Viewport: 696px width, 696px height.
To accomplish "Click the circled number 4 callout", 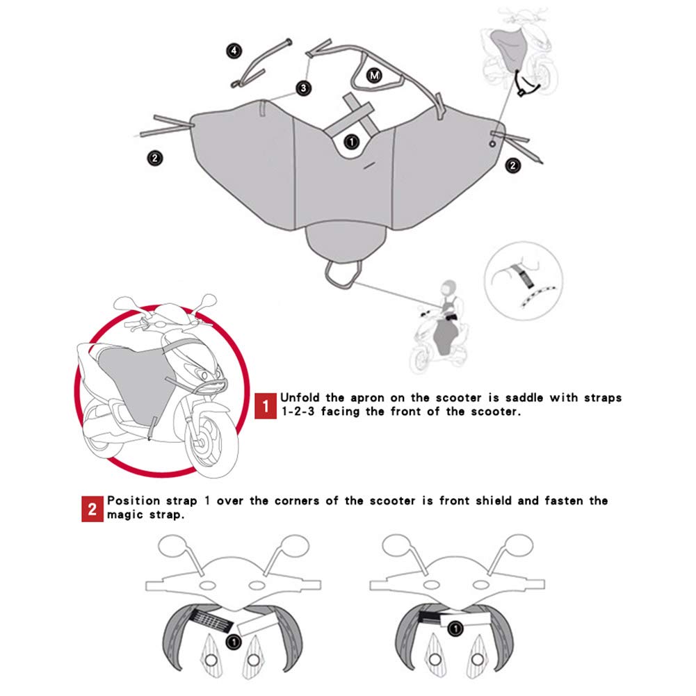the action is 234,51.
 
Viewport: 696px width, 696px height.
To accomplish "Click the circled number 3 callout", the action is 304,88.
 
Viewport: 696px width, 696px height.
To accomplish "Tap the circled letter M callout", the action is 374,76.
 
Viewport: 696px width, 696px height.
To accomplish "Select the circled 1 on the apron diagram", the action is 352,142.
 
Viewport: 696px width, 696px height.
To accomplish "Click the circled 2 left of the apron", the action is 155,158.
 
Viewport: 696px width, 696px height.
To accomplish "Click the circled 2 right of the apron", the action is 512,165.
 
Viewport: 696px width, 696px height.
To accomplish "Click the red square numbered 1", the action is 266,406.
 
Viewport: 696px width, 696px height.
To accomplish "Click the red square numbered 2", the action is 92,509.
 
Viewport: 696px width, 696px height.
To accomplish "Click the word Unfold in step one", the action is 300,398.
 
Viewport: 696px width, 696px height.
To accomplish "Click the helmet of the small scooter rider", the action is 448,289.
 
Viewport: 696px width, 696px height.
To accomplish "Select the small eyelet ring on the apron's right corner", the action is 492,144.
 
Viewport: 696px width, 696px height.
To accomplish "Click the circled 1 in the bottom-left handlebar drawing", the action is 234,641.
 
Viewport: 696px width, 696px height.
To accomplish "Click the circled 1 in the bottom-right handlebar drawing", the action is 455,629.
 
